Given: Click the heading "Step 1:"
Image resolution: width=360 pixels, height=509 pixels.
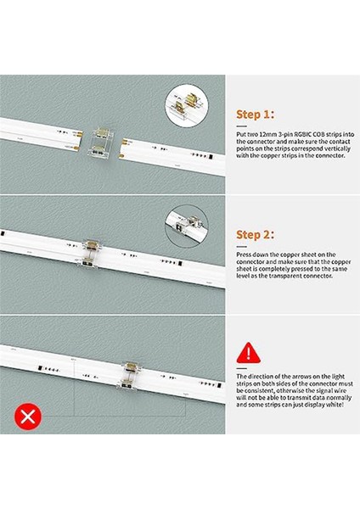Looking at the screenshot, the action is tap(255, 115).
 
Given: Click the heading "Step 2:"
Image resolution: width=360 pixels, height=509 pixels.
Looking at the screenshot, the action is tap(255, 234).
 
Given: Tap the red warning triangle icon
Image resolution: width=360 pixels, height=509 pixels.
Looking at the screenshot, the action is tap(249, 353).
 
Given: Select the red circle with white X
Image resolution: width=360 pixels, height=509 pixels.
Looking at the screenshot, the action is tap(28, 417).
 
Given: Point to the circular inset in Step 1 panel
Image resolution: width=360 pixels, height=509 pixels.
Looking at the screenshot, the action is tap(187, 106).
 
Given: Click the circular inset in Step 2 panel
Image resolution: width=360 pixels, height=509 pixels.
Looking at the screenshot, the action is tap(187, 227).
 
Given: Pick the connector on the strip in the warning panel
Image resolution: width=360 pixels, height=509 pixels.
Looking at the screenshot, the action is tap(130, 376).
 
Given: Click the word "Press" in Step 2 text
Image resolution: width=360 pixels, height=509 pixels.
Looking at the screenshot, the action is tap(244, 255).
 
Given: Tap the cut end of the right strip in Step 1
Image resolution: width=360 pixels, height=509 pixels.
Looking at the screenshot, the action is tap(122, 148).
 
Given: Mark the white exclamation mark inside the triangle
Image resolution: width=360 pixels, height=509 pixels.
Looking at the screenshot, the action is tap(249, 353).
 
